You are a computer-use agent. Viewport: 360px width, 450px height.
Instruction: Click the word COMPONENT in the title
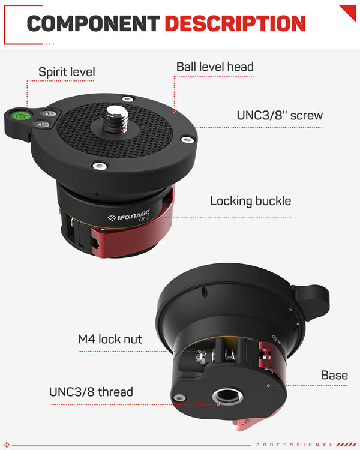coord(94,23)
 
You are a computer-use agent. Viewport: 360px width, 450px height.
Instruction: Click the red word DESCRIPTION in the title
coord(235,23)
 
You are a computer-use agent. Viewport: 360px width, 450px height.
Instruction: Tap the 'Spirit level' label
coord(67,72)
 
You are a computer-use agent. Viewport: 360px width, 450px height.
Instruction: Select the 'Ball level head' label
coord(215,67)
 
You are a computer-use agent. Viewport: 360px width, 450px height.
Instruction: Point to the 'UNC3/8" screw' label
coord(280,115)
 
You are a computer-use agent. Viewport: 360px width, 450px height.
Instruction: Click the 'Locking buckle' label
coord(251,201)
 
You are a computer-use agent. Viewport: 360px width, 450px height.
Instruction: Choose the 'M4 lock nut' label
coord(110,339)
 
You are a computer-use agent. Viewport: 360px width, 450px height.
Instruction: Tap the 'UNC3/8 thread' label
coord(91,392)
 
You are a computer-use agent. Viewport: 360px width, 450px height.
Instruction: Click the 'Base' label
coord(334,375)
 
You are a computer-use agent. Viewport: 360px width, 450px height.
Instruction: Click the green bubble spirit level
coord(20,116)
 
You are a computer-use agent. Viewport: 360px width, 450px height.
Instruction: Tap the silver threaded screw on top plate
coord(116,119)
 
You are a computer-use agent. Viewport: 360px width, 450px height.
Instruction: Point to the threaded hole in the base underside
coord(227,397)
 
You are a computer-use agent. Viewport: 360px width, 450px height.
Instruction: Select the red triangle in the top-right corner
coord(349,11)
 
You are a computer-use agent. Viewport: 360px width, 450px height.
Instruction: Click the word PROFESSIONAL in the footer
coord(294,445)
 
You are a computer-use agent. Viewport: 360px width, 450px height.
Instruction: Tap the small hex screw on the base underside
coord(180,398)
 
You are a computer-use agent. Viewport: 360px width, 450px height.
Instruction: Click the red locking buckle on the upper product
coord(135,235)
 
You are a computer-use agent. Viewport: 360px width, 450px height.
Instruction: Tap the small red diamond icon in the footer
coord(7,445)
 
